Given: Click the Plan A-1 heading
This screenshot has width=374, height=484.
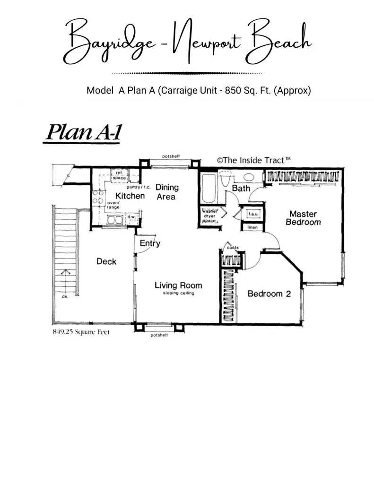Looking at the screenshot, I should pyautogui.click(x=83, y=132).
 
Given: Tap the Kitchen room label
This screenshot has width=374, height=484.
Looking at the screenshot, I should pyautogui.click(x=130, y=196).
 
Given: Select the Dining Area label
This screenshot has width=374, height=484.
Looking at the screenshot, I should pyautogui.click(x=167, y=191).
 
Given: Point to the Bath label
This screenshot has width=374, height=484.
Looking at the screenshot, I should pyautogui.click(x=241, y=189).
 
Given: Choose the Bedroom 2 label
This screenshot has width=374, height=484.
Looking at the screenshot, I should pyautogui.click(x=269, y=294).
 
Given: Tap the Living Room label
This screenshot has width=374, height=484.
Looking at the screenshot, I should pyautogui.click(x=178, y=286).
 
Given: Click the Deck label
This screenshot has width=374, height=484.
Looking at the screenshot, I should pyautogui.click(x=106, y=261).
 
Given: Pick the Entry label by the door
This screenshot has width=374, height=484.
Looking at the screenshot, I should pyautogui.click(x=150, y=243).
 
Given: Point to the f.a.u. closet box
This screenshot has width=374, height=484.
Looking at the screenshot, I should pyautogui.click(x=250, y=214).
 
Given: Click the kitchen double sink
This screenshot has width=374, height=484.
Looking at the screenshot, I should pyautogui.click(x=115, y=219).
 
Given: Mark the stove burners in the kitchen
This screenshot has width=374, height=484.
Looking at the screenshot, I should pyautogui.click(x=98, y=197).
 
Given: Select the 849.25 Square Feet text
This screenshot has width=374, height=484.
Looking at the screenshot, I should pyautogui.click(x=81, y=332).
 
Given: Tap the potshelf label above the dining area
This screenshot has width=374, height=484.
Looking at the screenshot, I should pyautogui.click(x=171, y=156).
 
